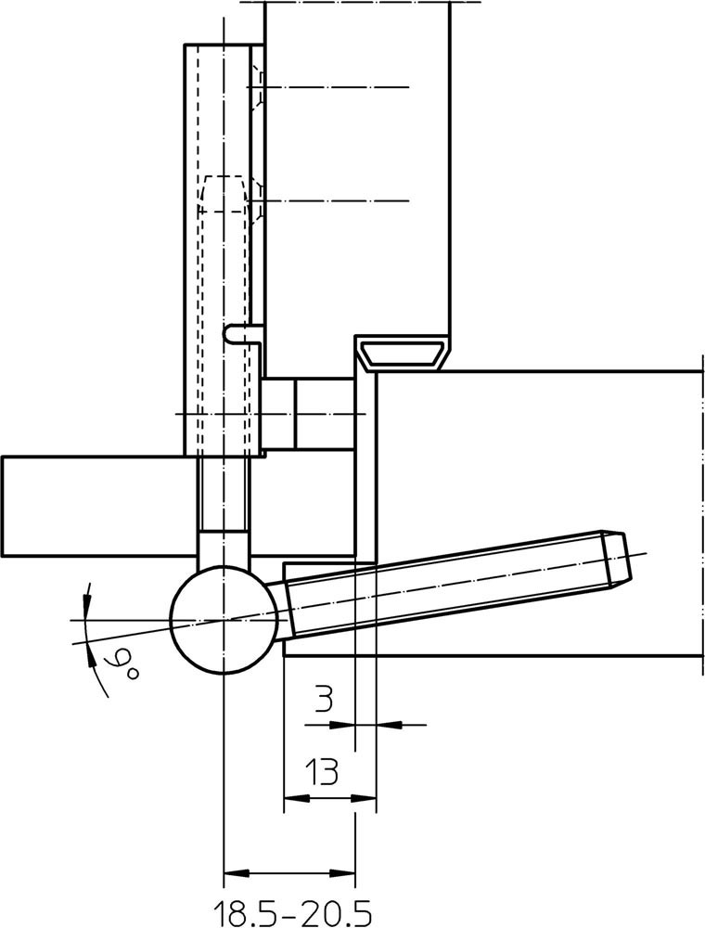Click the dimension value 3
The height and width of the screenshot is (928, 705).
coord(322,700)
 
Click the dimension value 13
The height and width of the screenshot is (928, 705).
coord(322,771)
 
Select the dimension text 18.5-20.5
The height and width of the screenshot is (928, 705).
coord(292,912)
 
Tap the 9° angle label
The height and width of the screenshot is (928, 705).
coord(122,664)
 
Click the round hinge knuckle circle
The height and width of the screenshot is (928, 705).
coord(224,620)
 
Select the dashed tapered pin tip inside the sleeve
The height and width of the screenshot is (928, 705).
coord(224,194)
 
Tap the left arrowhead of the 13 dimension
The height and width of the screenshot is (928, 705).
coord(296,798)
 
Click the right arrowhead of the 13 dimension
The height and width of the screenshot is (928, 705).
coord(365,798)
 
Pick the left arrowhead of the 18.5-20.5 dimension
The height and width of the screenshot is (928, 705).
coord(237,873)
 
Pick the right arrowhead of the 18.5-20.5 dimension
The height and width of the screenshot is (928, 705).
coord(343,873)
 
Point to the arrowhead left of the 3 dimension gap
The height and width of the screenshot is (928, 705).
coord(342,724)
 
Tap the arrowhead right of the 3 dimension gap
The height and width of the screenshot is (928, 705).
coord(389,724)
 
